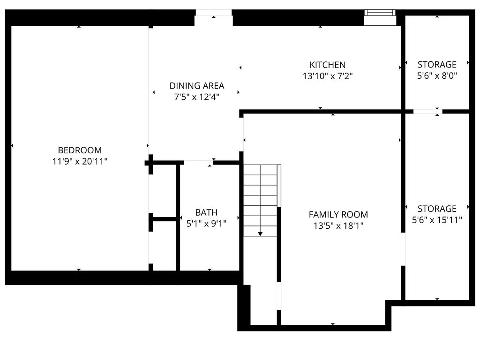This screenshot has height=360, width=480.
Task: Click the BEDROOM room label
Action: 80,150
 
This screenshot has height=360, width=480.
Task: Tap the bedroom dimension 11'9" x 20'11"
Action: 80,162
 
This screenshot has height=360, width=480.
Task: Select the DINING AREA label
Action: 197,86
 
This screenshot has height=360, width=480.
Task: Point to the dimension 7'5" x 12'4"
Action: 197,97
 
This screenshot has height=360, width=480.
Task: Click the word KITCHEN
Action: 327,65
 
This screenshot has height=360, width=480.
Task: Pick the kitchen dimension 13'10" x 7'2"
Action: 327,76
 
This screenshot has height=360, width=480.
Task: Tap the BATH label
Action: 206,212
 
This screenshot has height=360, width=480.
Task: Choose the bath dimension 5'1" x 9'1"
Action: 206,224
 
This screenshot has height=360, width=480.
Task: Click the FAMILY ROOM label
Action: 338,215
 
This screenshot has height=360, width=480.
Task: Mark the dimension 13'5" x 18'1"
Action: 338,226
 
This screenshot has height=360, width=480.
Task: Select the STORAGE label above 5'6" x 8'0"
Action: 437,65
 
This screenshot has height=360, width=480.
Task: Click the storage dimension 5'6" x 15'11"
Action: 437,219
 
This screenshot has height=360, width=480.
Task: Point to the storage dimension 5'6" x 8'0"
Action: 437,75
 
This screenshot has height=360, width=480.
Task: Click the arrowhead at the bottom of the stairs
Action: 260,233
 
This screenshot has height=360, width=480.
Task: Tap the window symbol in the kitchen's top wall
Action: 380,13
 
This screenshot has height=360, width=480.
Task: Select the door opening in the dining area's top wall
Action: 214,13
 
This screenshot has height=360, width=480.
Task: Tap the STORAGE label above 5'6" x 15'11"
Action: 437,209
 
